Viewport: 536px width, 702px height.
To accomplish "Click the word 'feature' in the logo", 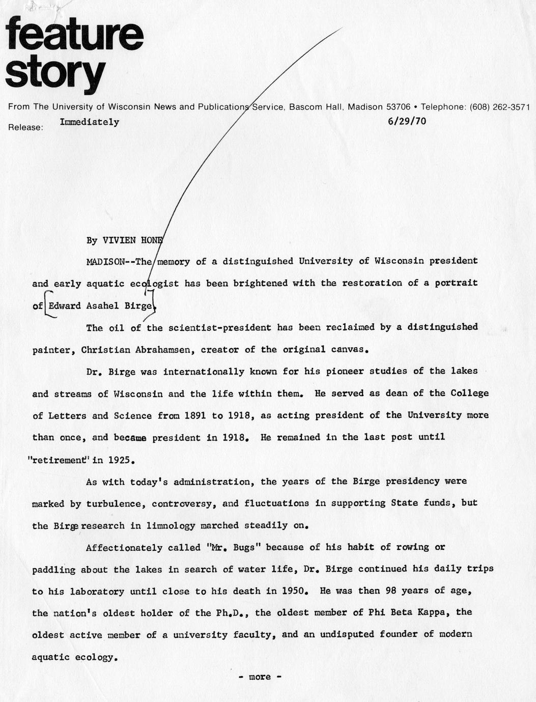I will (75, 34).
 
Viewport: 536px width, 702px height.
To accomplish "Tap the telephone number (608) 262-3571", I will (499, 107).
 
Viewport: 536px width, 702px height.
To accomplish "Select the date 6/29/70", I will (407, 121).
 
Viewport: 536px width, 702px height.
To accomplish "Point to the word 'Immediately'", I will (90, 122).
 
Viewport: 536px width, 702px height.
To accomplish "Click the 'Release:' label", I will (25, 128).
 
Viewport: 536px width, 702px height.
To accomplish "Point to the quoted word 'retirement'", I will (57, 460).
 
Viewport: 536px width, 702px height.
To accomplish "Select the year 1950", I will (291, 592).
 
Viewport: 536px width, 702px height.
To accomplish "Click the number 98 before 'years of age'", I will (388, 592).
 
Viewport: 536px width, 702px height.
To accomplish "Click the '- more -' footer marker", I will (260, 677).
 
